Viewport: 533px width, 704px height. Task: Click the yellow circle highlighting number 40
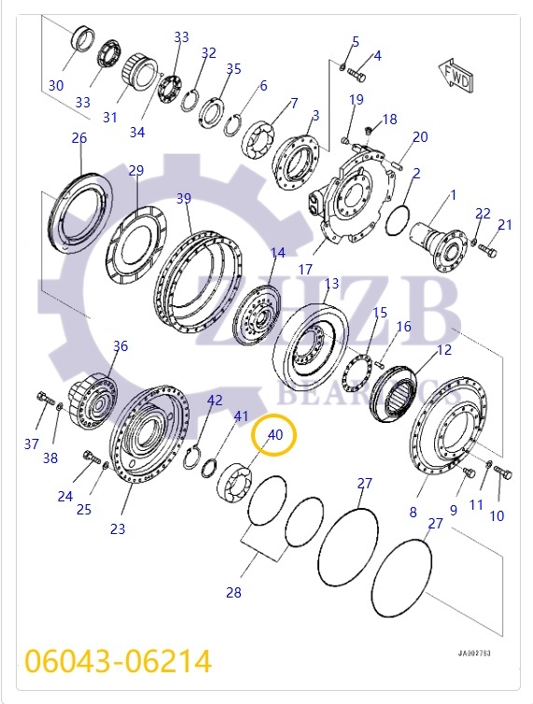(275, 435)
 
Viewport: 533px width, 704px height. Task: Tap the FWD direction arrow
(456, 77)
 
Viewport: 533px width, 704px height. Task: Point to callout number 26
(78, 138)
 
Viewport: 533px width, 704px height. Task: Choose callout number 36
(120, 346)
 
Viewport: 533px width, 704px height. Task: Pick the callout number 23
(117, 529)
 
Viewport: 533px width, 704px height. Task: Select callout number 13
(331, 284)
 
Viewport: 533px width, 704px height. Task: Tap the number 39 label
(184, 198)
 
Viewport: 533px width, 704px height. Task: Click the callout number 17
(305, 270)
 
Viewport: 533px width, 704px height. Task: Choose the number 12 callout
(444, 350)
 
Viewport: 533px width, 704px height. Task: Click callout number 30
(56, 85)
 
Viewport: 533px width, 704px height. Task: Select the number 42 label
(215, 401)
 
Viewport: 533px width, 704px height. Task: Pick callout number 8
(413, 512)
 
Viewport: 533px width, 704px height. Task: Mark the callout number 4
(377, 56)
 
